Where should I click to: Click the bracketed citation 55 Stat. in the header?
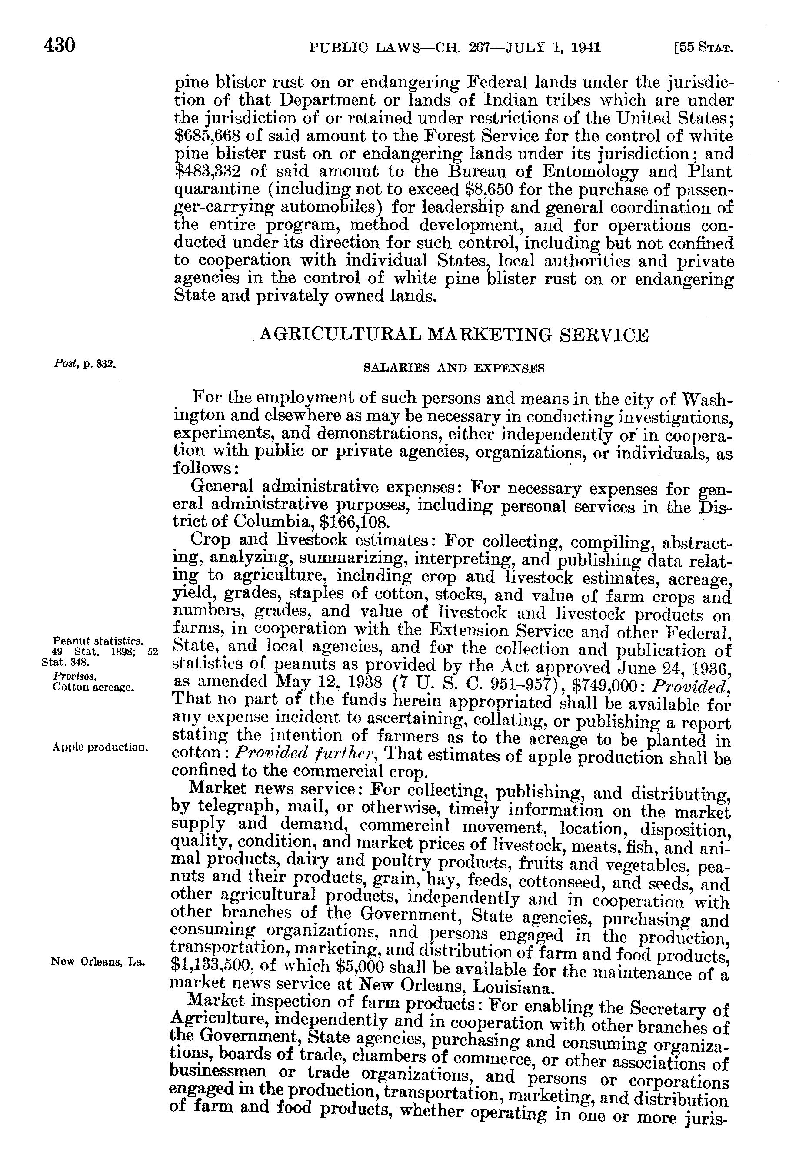(704, 49)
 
